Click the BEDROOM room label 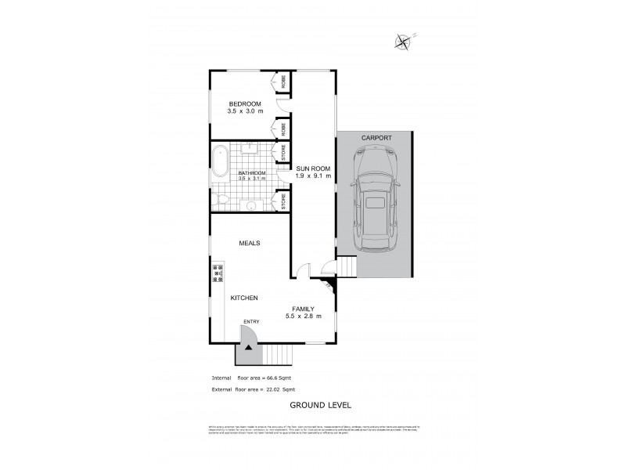click(x=244, y=103)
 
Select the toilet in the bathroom click(x=221, y=201)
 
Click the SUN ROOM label click(x=313, y=168)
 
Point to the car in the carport click(x=376, y=199)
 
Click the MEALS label click(x=250, y=243)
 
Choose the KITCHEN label click(x=244, y=298)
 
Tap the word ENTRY click(x=251, y=322)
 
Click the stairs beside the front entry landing click(x=279, y=355)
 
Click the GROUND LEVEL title click(x=320, y=405)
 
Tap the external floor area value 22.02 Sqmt click(x=281, y=389)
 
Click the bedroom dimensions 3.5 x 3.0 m click(x=244, y=113)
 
